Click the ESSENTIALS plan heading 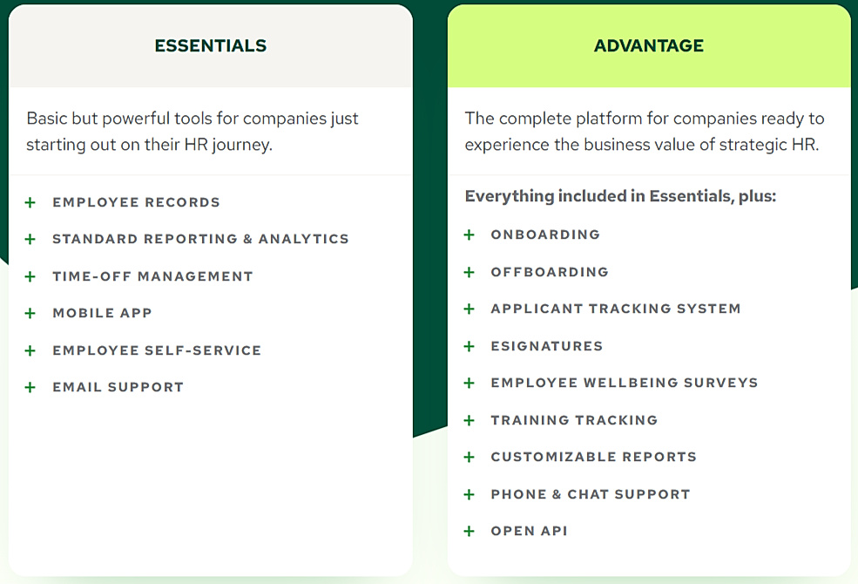[x=210, y=46]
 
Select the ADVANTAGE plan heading [x=649, y=46]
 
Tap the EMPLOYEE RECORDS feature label [x=136, y=202]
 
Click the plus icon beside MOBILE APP [x=30, y=313]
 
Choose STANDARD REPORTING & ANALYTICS [x=200, y=239]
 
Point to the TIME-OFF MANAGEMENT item [x=152, y=276]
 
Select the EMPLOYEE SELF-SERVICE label [x=157, y=350]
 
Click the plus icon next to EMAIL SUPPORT [x=30, y=387]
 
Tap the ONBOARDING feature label [x=545, y=234]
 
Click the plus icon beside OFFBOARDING [x=469, y=272]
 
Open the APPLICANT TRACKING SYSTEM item [x=616, y=309]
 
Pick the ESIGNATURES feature [x=546, y=346]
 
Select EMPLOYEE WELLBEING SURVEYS [x=625, y=383]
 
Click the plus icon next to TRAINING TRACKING [x=469, y=420]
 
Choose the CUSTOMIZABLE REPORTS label [x=593, y=457]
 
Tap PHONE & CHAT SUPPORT [x=590, y=494]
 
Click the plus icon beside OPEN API [x=469, y=531]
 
